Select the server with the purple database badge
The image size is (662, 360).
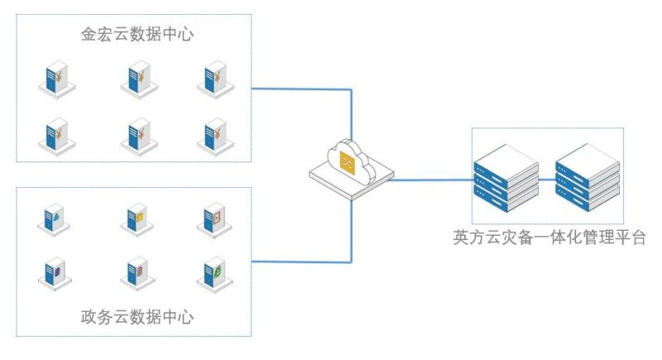[57, 271]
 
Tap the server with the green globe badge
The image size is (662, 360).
[213, 271]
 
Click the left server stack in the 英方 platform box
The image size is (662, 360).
[506, 173]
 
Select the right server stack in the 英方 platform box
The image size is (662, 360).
[587, 173]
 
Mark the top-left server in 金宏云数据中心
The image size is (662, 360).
[57, 79]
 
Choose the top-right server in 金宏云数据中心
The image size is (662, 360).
[213, 79]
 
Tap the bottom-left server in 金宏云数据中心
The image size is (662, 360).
[57, 134]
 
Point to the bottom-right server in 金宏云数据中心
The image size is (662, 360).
[213, 134]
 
